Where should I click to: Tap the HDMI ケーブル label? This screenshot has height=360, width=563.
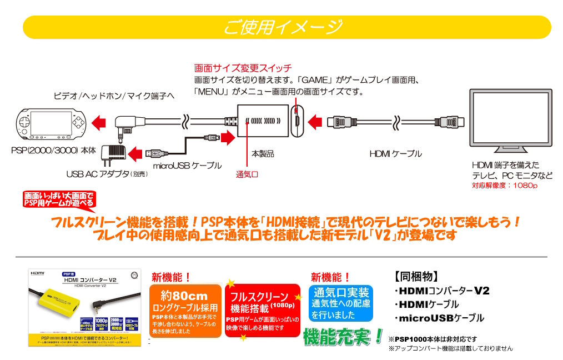pos(395,153)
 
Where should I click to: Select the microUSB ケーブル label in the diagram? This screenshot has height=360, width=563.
pos(187,166)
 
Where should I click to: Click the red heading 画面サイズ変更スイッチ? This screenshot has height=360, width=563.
pos(243,68)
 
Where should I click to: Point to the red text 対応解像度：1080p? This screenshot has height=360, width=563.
pos(505,186)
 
